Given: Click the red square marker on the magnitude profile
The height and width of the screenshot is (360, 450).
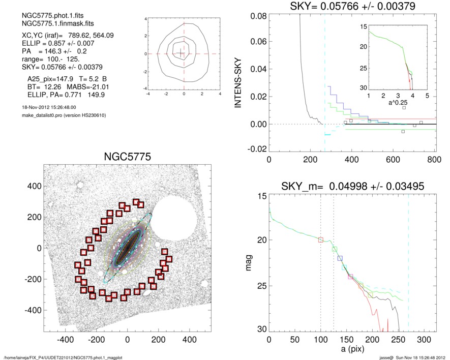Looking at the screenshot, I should tap(320, 239).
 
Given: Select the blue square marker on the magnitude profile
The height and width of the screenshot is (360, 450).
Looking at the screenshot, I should tap(340, 259).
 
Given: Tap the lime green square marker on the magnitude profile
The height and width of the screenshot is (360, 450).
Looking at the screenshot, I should tap(335, 249).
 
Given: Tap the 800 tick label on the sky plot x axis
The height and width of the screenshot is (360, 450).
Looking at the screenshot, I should tap(434, 158).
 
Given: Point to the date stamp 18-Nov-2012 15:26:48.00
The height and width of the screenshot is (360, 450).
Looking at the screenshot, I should tap(46, 107).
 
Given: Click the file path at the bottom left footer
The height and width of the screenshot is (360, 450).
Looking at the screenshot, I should tap(63, 357).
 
